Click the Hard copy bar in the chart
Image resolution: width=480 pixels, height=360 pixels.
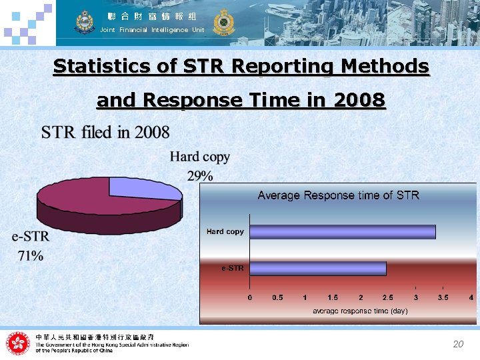342,231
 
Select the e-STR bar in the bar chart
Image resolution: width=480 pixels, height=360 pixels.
318,268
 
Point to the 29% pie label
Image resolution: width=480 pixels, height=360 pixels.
200,176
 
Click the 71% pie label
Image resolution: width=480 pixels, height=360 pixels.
30,255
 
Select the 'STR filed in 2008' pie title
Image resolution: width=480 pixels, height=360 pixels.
105,132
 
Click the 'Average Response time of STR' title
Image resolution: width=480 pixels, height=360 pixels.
338,195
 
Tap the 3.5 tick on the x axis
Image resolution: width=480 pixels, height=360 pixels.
443,297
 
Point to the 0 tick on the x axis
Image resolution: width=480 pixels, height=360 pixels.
250,297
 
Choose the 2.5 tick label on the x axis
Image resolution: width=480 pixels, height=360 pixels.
387,297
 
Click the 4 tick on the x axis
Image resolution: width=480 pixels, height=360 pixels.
471,297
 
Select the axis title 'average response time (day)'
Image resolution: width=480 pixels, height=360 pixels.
360,311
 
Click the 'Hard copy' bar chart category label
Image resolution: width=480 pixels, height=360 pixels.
225,231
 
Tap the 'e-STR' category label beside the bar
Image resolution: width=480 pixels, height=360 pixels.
233,268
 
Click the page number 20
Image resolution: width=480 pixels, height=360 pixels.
457,345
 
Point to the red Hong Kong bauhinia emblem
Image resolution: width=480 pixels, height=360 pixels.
18,343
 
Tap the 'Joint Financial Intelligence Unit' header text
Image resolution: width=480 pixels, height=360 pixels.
152,30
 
